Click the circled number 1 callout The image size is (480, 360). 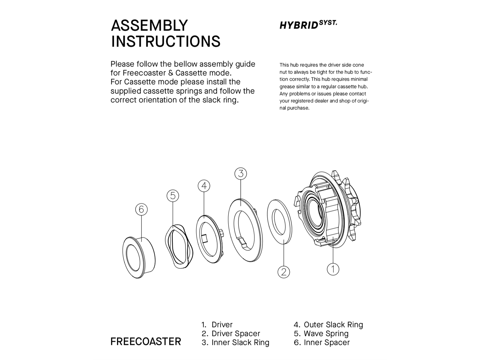[333, 269]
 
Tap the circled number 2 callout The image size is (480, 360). [283, 272]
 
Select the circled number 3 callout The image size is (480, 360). [241, 174]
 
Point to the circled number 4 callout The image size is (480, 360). [204, 186]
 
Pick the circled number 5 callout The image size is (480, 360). [173, 196]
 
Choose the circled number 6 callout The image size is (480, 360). [141, 209]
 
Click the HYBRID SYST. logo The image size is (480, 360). [308, 25]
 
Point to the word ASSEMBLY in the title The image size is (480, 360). [149, 25]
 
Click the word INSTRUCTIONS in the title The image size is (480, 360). [166, 41]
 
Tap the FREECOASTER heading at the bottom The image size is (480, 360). [146, 342]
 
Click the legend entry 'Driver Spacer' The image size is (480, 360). [236, 334]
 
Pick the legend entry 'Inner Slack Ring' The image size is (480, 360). [240, 343]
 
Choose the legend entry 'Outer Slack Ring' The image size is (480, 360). [333, 325]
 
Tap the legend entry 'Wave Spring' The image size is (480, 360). [326, 334]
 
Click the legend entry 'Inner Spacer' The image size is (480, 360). [327, 343]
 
